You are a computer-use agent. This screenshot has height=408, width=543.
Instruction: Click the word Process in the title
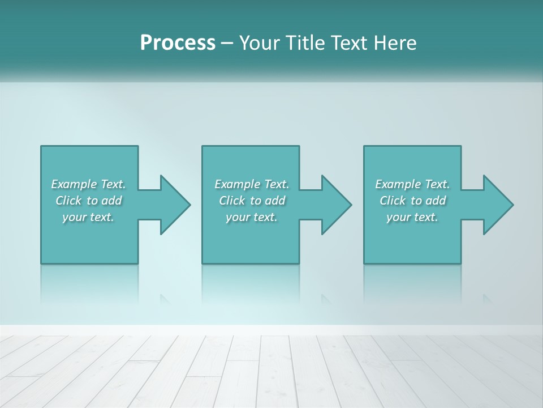click(178, 43)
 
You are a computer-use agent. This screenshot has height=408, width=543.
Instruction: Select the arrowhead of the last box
click(497, 205)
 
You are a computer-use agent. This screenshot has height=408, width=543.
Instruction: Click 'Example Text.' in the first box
click(88, 184)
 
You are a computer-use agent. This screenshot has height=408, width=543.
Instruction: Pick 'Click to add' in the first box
click(89, 201)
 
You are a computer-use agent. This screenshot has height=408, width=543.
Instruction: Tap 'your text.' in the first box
click(88, 217)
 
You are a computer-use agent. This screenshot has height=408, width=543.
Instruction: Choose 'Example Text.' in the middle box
click(252, 184)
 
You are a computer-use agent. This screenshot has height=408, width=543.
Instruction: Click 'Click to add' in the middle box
click(252, 201)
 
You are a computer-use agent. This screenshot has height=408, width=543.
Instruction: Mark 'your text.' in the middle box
click(251, 217)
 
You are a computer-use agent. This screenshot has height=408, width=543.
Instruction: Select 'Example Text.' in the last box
click(412, 184)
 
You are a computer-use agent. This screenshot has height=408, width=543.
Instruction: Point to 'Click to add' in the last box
click(412, 201)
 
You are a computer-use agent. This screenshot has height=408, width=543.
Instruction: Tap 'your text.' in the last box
click(412, 217)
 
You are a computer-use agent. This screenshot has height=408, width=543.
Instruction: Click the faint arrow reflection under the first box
click(165, 299)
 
